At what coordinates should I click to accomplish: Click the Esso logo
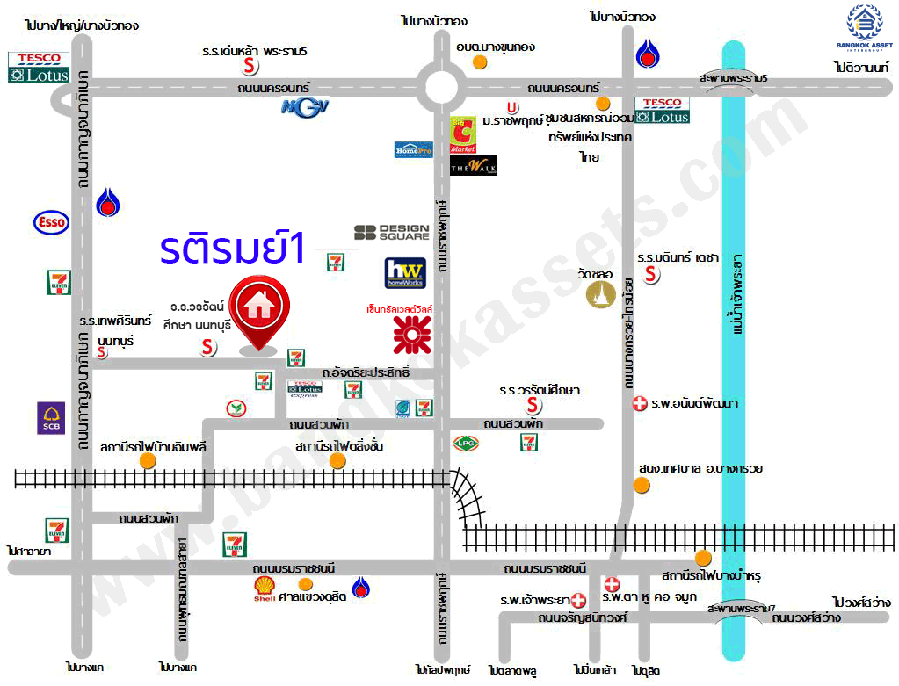51,222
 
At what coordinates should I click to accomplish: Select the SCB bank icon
50,418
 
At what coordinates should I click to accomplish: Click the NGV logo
305,107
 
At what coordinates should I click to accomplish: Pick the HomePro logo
413,149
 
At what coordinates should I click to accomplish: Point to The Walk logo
474,164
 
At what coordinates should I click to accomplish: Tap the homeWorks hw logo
405,273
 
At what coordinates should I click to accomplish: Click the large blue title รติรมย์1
232,249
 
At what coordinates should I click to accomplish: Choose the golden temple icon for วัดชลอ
601,295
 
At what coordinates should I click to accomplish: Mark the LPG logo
465,443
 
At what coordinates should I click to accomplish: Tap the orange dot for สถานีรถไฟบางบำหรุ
702,558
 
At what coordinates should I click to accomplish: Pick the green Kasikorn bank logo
235,408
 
